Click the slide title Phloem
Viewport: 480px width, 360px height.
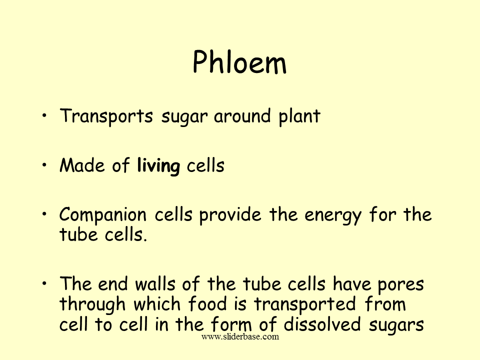(239, 62)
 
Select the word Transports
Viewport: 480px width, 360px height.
(106, 116)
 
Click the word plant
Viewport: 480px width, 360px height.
(299, 116)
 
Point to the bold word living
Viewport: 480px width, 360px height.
(158, 166)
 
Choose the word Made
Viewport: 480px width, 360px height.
(82, 165)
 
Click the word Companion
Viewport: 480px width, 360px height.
(103, 215)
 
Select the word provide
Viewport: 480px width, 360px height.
(230, 214)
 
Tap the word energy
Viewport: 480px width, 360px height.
(333, 215)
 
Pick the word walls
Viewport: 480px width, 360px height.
(155, 283)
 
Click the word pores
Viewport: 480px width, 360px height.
(400, 284)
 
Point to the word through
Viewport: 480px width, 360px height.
(92, 304)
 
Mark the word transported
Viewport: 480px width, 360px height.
(305, 304)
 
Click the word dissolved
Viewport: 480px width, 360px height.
(322, 324)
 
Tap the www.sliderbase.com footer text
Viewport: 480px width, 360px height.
(240, 336)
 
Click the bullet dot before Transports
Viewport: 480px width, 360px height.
(44, 115)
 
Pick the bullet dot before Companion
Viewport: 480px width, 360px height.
(44, 214)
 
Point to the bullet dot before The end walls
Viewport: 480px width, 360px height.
(44, 283)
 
